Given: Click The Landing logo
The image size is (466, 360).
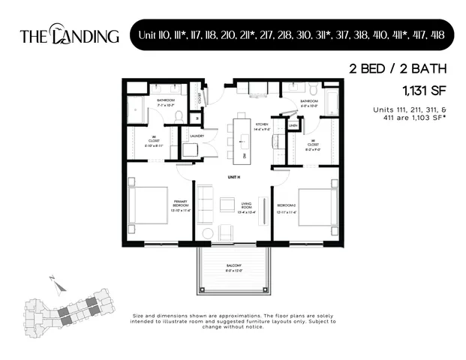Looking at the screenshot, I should [x=69, y=34].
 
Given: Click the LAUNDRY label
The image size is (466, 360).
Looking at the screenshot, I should [x=197, y=136].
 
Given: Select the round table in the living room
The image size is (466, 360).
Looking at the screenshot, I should [x=208, y=233].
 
